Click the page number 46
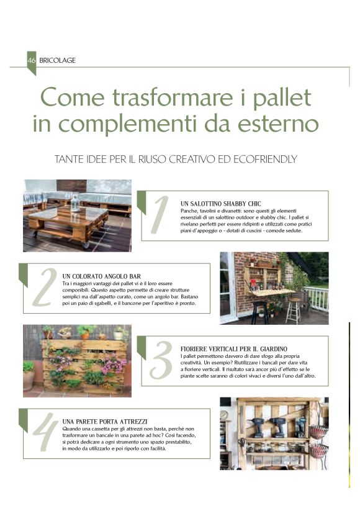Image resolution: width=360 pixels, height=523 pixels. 31,60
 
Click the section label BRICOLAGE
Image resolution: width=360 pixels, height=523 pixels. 57,60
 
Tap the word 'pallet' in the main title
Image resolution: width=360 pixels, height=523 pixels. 282,98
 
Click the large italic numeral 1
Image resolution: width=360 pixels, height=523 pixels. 160,215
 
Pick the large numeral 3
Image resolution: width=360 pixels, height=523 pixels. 161,360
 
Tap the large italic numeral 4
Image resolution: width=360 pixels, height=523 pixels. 45,432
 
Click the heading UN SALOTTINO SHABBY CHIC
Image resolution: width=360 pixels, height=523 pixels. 221,204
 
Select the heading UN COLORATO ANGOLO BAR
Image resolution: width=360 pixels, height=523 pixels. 101,276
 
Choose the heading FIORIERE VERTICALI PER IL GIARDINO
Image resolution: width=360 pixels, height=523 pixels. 233,349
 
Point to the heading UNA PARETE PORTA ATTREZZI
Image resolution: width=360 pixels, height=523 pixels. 105,422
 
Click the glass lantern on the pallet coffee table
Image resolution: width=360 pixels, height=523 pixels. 75,202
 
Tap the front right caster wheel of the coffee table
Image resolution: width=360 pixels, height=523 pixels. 86,245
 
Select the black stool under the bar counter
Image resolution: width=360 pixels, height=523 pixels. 260,312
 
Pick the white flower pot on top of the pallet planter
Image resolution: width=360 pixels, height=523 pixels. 118,335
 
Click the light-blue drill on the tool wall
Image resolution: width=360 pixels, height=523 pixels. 301,427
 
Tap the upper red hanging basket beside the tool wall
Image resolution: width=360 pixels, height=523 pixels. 318,432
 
